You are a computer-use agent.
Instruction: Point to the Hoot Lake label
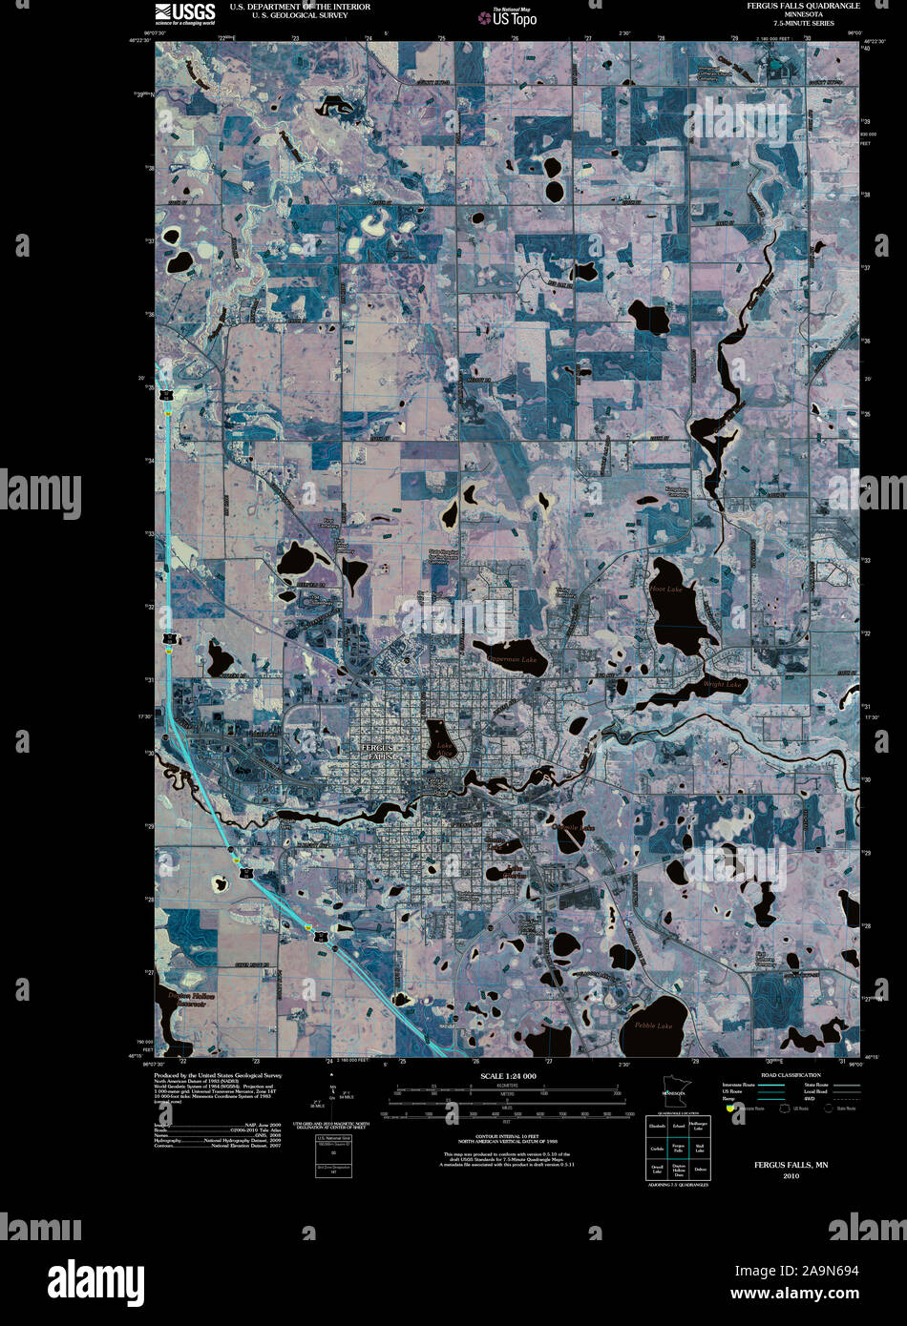tap(666, 590)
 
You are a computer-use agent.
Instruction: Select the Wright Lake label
tap(722, 684)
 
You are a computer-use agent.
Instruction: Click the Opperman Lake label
tap(513, 659)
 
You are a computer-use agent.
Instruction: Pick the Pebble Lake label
tap(653, 1026)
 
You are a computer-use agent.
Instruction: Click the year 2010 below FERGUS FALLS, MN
tap(791, 1175)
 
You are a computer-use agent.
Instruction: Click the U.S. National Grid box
tap(333, 1156)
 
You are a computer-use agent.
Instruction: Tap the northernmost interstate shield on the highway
tap(167, 395)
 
